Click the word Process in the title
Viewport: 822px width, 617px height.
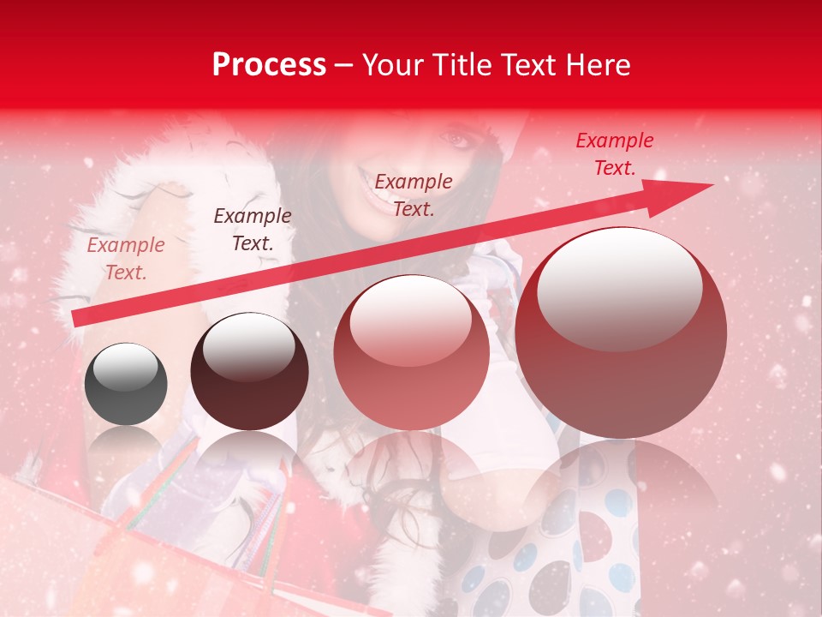pos(269,64)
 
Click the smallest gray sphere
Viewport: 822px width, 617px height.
pos(126,383)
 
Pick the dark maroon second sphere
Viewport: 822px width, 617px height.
pos(249,371)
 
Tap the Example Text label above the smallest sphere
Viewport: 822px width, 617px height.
pos(126,259)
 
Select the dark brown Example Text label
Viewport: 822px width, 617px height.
pos(253,230)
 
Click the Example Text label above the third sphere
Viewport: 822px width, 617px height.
pos(414,195)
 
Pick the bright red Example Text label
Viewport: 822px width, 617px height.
pos(614,154)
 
